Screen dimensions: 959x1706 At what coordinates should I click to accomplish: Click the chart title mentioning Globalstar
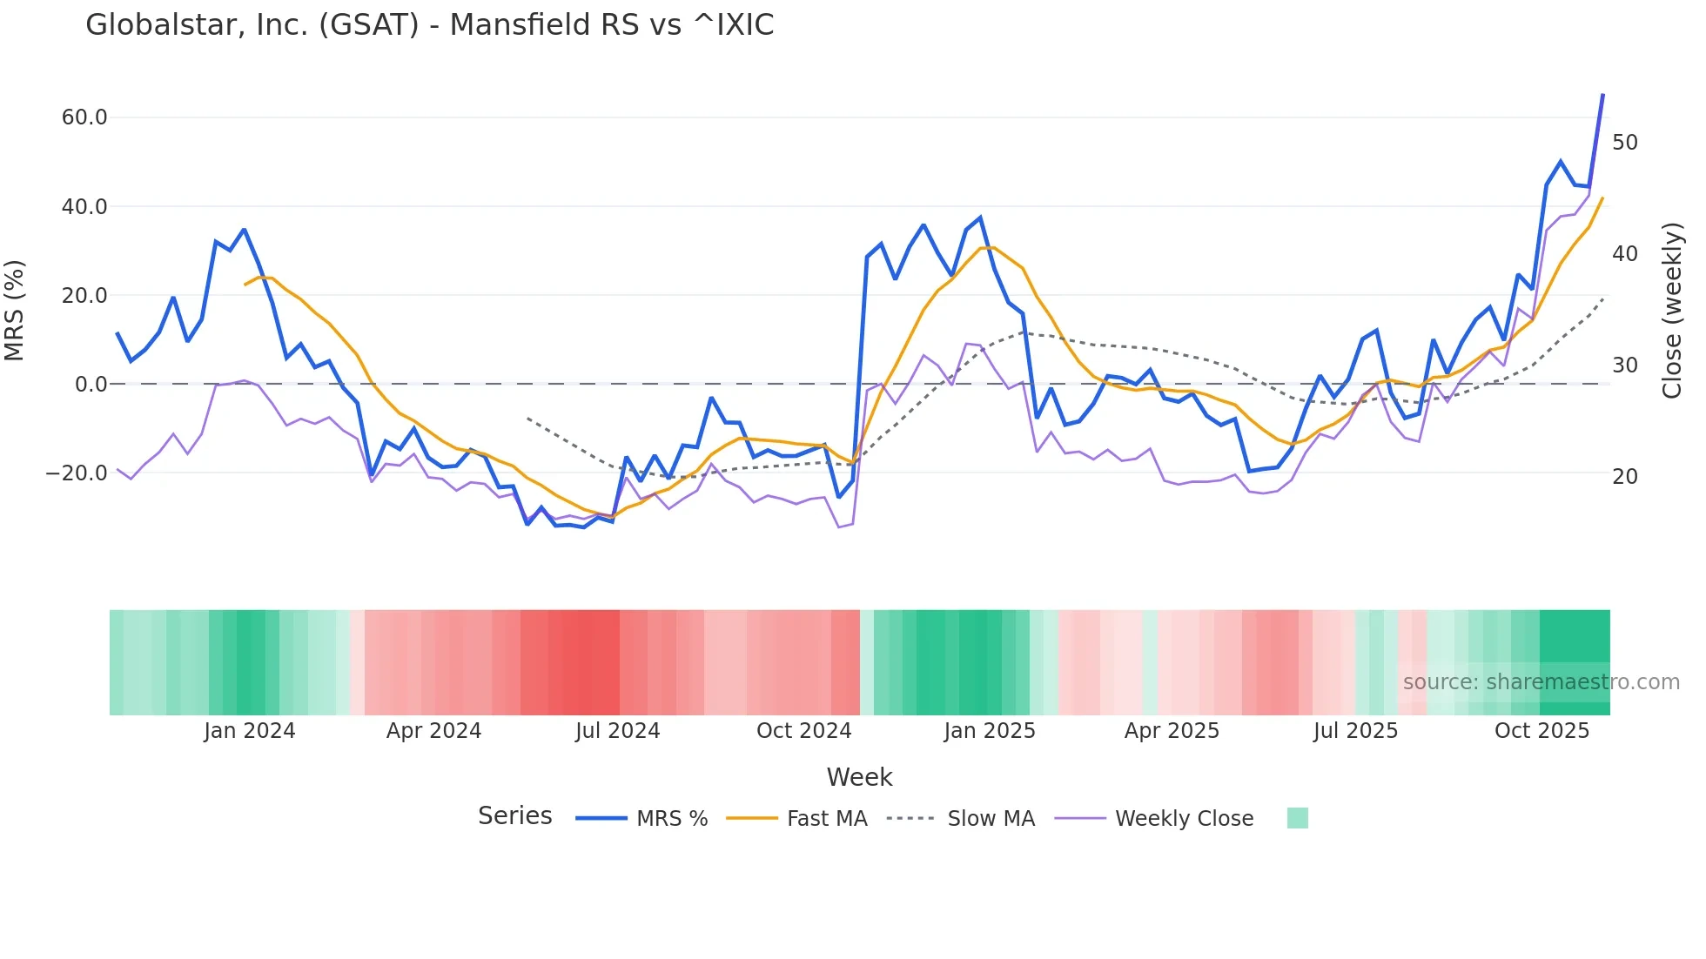[x=429, y=25]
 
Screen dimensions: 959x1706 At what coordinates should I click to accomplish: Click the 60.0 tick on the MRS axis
[x=84, y=117]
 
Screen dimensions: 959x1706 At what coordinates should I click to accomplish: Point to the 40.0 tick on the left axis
[x=84, y=207]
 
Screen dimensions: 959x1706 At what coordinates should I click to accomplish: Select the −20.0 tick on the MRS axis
[x=77, y=473]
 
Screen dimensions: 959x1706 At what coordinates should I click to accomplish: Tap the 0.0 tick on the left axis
[x=91, y=385]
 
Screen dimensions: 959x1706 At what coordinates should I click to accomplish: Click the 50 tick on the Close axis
[x=1625, y=143]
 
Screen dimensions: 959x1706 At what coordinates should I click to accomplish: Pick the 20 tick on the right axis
[x=1625, y=477]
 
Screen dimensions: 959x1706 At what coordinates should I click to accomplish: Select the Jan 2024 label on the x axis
[x=250, y=731]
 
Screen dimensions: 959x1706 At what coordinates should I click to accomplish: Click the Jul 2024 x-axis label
[x=618, y=731]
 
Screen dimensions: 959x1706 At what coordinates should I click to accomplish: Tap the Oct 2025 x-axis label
[x=1541, y=731]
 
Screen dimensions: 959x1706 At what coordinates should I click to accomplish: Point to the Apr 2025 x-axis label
[x=1172, y=731]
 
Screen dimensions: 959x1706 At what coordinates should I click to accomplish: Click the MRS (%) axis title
[x=15, y=310]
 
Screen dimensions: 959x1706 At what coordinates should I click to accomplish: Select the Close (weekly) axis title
[x=1672, y=310]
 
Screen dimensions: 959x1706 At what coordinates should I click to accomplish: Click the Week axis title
[x=859, y=777]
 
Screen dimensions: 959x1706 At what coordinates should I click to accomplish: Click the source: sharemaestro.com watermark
[x=1541, y=682]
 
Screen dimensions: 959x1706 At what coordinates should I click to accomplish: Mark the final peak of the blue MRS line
[x=1603, y=94]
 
